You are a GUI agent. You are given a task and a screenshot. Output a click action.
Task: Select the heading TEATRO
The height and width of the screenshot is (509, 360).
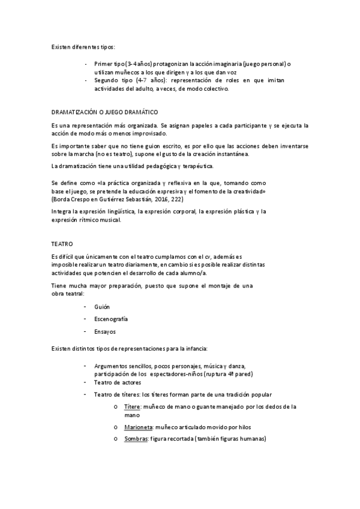(62, 244)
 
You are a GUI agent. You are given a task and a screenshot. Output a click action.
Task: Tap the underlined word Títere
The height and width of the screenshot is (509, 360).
(132, 406)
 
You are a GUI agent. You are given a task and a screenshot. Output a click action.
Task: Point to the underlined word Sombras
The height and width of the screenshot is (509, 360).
(136, 439)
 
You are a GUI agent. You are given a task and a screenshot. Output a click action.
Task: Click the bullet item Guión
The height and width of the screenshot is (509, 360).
(102, 307)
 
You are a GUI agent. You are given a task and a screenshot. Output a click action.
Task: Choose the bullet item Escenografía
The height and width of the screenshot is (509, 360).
(111, 319)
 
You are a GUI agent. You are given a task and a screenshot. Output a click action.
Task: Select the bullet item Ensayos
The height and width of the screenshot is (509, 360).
(104, 331)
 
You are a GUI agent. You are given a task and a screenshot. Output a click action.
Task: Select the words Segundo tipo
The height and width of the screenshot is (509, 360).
(114, 80)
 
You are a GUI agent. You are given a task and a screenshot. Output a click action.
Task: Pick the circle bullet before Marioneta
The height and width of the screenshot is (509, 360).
(115, 427)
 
